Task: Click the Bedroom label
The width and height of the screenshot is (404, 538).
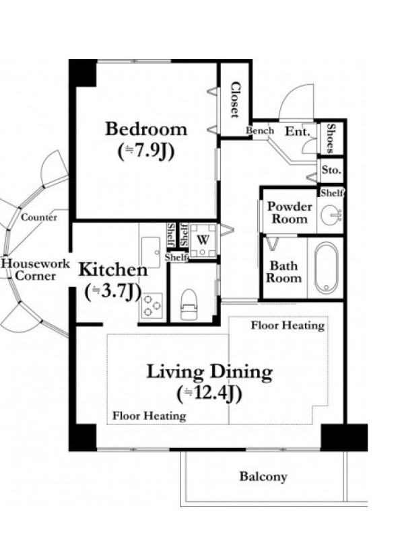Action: click(x=146, y=129)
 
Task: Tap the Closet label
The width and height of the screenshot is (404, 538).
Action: click(x=235, y=100)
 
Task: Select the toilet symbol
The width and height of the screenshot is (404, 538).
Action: click(x=189, y=305)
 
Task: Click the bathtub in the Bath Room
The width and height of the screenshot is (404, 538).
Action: click(x=327, y=267)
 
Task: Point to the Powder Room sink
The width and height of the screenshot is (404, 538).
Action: click(x=331, y=215)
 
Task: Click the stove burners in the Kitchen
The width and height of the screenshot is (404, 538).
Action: click(x=151, y=305)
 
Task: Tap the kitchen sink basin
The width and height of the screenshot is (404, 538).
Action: click(x=151, y=253)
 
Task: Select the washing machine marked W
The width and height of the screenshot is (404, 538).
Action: click(x=203, y=241)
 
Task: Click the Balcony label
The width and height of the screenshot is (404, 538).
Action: click(x=263, y=477)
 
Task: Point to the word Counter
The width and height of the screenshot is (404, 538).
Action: click(x=39, y=217)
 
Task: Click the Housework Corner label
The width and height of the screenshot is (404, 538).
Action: click(x=36, y=270)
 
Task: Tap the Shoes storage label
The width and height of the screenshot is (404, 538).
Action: click(x=331, y=139)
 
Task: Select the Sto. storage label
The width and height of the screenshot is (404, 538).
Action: click(x=331, y=170)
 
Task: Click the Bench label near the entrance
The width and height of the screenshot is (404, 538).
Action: click(x=260, y=130)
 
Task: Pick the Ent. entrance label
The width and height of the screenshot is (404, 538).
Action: click(x=298, y=131)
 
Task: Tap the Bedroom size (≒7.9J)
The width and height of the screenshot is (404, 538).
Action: click(x=146, y=151)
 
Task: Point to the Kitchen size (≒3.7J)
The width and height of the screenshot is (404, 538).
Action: click(x=113, y=292)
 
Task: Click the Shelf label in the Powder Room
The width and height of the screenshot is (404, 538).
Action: click(x=332, y=193)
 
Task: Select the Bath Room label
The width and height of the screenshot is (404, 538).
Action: click(x=283, y=272)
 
